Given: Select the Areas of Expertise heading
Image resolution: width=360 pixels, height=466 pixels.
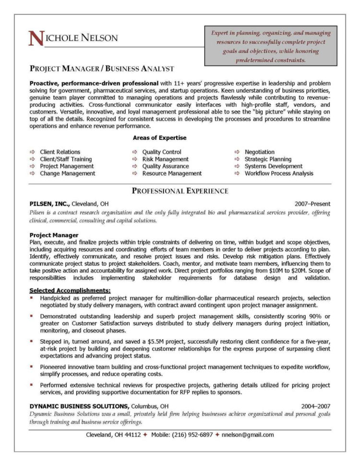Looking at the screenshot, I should [x=159, y=138].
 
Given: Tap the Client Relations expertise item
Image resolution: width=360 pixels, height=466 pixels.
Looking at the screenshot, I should [x=60, y=152].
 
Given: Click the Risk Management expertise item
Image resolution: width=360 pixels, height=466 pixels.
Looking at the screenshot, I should [x=165, y=159].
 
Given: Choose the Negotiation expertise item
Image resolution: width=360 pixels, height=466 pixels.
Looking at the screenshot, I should [x=259, y=152].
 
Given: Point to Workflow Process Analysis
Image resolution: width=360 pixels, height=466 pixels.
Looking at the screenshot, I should [x=278, y=173].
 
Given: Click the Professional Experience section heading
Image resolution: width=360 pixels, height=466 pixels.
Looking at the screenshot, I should [x=180, y=191].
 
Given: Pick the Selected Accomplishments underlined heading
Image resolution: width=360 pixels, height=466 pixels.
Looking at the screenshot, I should [x=70, y=290].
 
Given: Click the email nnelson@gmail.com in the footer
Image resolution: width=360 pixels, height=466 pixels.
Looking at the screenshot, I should [x=248, y=435].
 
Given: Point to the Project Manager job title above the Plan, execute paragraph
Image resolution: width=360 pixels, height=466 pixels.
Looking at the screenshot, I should [x=54, y=235].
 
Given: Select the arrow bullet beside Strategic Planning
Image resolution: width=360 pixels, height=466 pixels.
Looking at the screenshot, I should [x=237, y=159].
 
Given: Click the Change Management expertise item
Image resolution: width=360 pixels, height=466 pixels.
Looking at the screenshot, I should [x=67, y=173].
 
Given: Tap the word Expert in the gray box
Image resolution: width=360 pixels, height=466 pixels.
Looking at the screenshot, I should [x=220, y=33].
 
